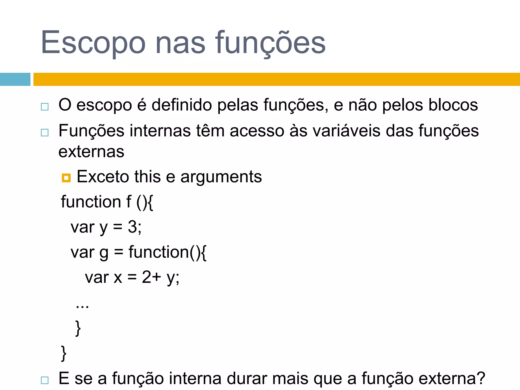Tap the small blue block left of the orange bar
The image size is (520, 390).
15,79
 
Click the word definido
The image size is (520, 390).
182,105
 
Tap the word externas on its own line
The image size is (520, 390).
91,152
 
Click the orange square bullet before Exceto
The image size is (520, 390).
66,178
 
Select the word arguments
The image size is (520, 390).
221,177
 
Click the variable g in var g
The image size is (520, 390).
104,253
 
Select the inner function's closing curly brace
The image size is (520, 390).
78,328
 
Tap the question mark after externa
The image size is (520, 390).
481,378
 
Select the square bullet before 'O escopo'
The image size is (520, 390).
45,107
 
